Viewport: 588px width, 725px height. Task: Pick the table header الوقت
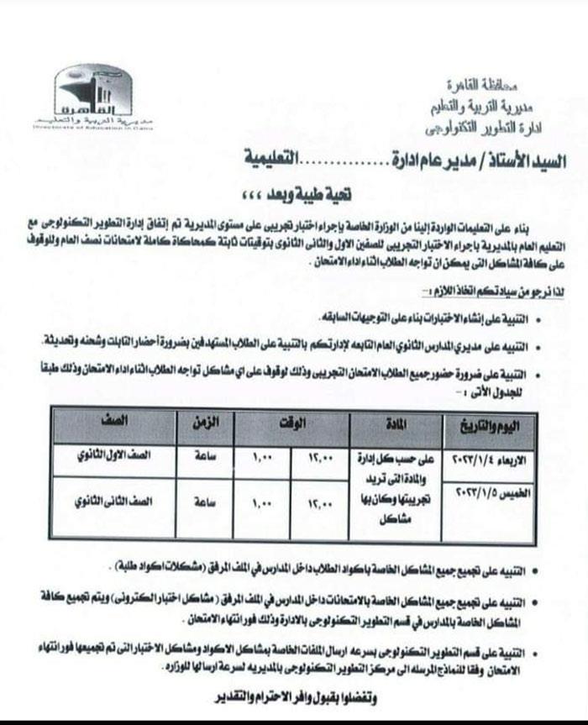click(290, 426)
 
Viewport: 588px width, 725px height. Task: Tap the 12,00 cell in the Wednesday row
click(319, 459)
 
